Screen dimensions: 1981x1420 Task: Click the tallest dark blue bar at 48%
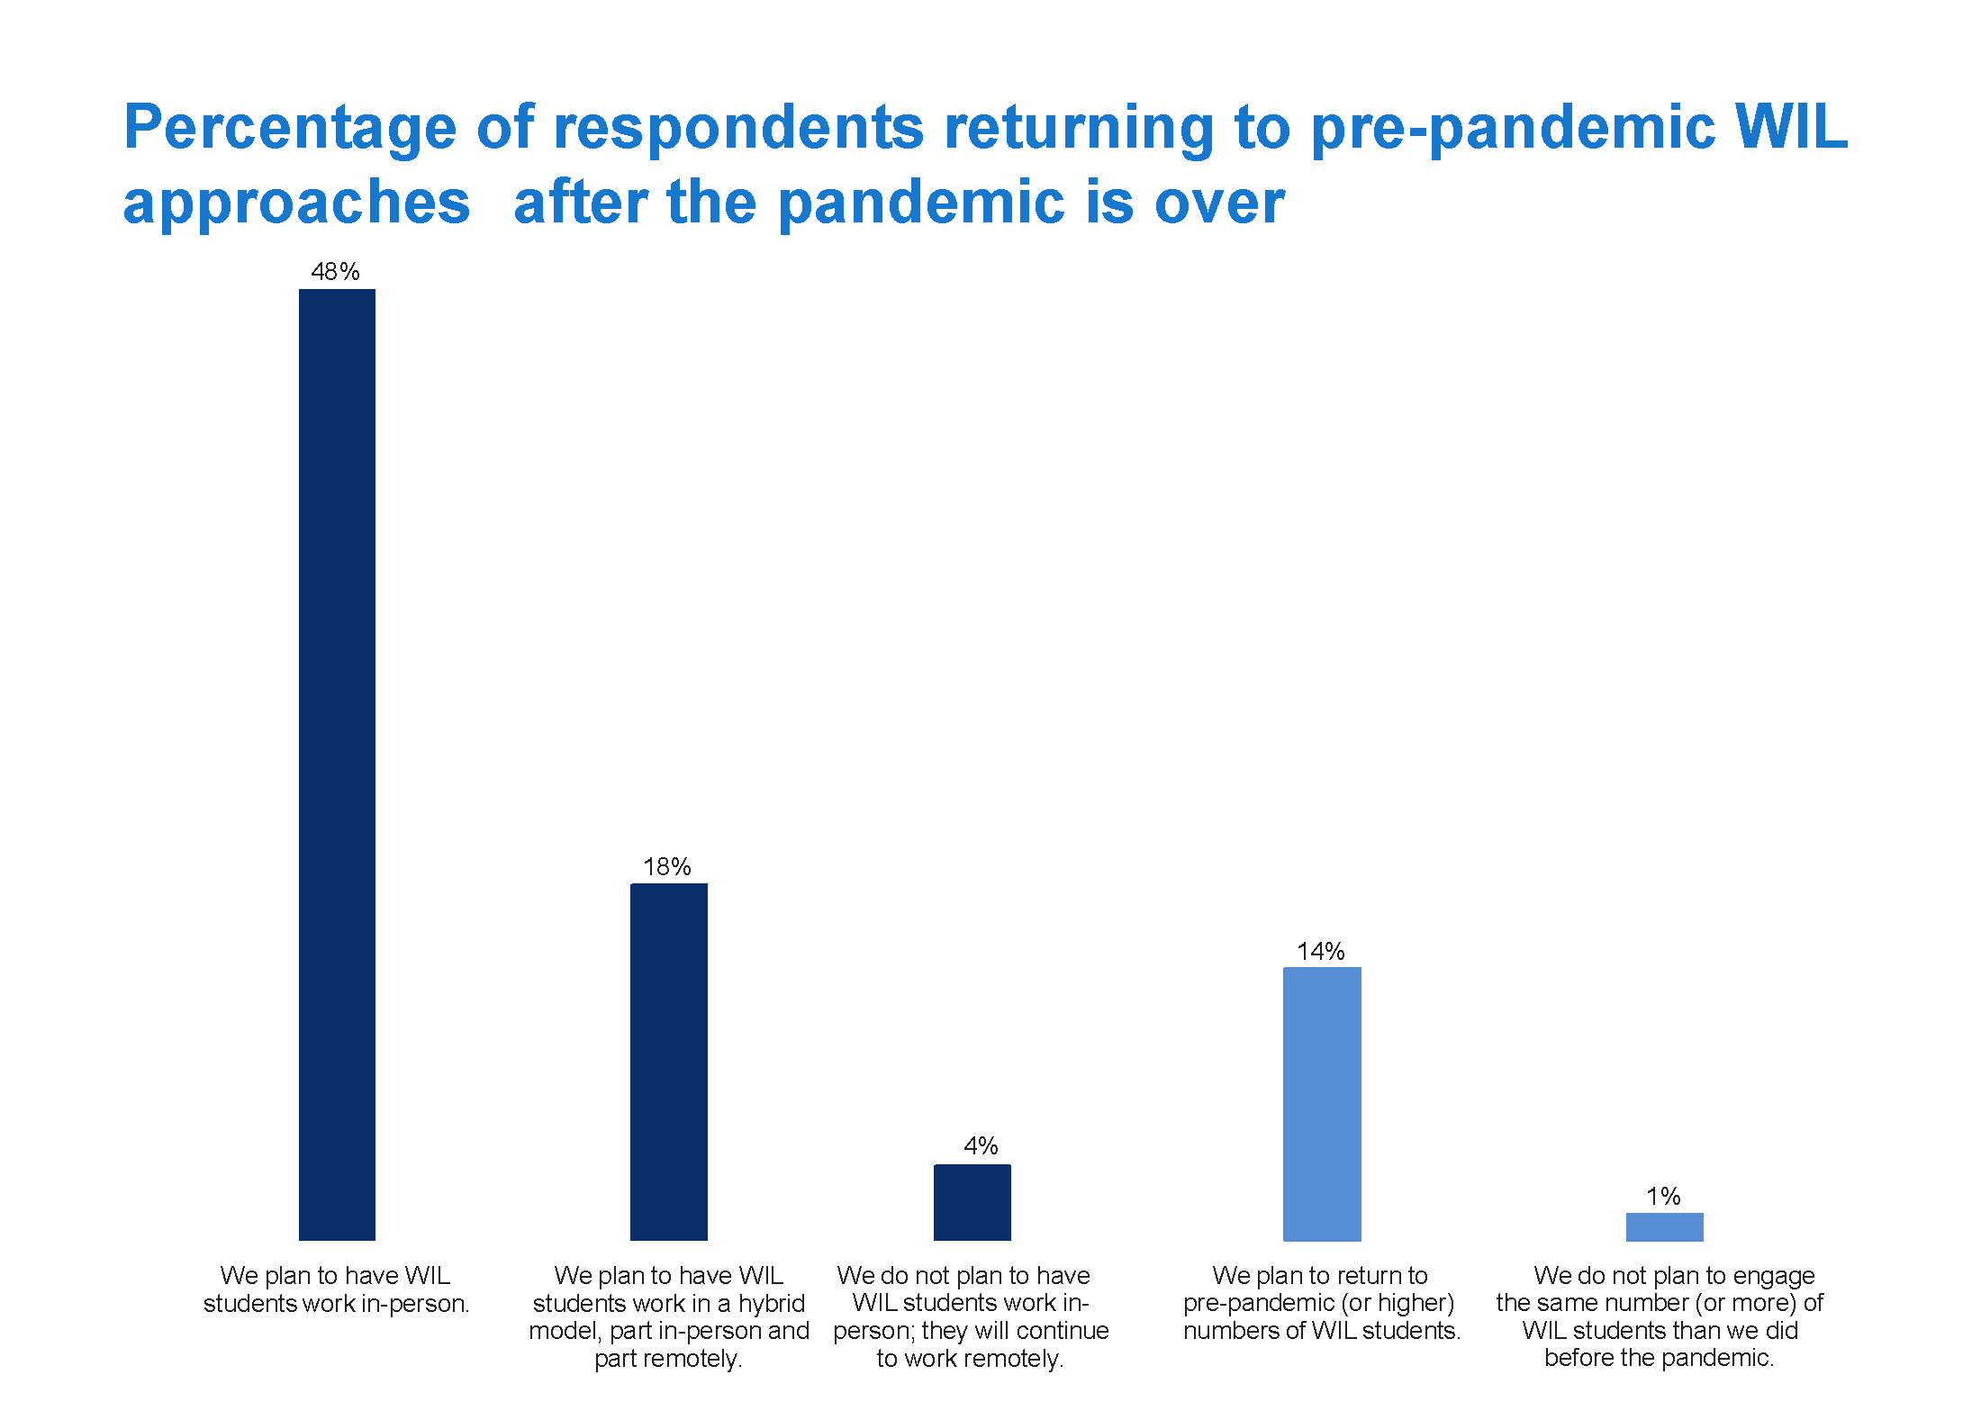click(337, 764)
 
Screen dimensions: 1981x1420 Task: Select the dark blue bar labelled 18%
click(669, 1062)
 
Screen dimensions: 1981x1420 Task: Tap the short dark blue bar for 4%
click(972, 1202)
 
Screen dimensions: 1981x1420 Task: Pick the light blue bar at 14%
click(1322, 1104)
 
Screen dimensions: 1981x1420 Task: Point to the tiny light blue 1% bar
click(1665, 1226)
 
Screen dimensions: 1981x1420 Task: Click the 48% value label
click(336, 272)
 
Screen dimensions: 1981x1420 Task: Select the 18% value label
click(667, 867)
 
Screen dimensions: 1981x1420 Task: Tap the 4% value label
click(981, 1146)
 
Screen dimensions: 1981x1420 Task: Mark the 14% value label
click(1321, 951)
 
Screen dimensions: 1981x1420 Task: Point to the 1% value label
click(1664, 1196)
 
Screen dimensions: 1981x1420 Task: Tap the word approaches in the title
click(297, 204)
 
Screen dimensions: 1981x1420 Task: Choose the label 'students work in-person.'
click(337, 1303)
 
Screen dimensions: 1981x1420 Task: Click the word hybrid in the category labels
click(771, 1304)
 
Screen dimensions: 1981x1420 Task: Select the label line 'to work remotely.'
click(971, 1358)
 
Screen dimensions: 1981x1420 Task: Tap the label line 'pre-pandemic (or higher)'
click(1319, 1303)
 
